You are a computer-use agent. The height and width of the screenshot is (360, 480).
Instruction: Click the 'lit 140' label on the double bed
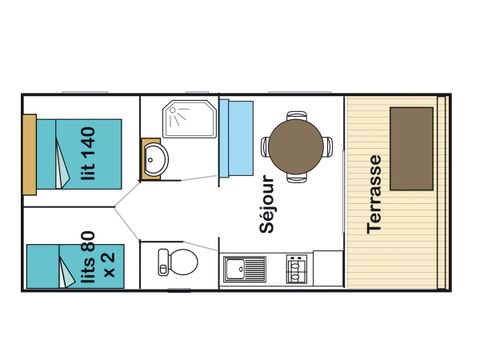(x=88, y=154)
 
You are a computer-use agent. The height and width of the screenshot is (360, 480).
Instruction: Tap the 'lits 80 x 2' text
(x=98, y=258)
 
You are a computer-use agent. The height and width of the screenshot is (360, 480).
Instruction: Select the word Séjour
(x=267, y=204)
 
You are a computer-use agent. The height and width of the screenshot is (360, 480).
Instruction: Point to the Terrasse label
(x=374, y=194)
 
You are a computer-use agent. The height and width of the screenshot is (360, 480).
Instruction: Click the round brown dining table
(x=296, y=146)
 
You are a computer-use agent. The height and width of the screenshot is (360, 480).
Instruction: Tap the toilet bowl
(x=183, y=262)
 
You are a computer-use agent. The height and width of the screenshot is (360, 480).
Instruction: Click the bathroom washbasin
(x=156, y=159)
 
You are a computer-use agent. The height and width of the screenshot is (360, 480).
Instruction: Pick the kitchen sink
(x=245, y=269)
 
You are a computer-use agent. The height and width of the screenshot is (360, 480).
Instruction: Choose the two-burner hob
(x=296, y=269)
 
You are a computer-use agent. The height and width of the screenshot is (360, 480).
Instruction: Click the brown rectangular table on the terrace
(x=412, y=149)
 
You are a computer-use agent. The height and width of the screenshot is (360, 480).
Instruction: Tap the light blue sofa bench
(x=236, y=138)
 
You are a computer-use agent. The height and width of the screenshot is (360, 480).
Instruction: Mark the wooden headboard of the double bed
(x=30, y=155)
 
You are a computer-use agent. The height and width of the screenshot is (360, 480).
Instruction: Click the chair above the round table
(x=297, y=115)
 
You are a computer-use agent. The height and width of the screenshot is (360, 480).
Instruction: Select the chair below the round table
(x=297, y=178)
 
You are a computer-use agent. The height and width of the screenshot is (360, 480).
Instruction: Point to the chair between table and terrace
(x=328, y=147)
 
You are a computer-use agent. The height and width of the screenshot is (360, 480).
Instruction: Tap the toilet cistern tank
(x=163, y=262)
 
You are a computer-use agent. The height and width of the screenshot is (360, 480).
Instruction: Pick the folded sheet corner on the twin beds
(x=67, y=272)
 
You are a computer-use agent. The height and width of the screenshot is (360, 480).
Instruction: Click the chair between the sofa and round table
(x=265, y=147)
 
